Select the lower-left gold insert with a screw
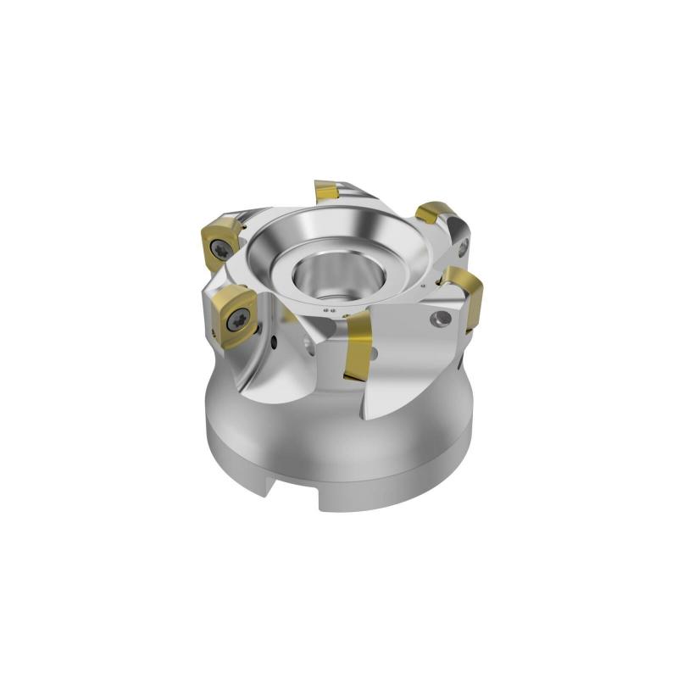pyautogui.click(x=235, y=315)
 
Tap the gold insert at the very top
pyautogui.click(x=327, y=192)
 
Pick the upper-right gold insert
pyautogui.click(x=434, y=213)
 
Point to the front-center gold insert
pyautogui.click(x=358, y=344)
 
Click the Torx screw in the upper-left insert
pyautogui.click(x=222, y=247)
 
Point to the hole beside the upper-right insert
pyautogui.click(x=463, y=247)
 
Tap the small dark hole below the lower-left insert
pyautogui.click(x=274, y=342)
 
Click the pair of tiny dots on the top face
pyautogui.click(x=333, y=315)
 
